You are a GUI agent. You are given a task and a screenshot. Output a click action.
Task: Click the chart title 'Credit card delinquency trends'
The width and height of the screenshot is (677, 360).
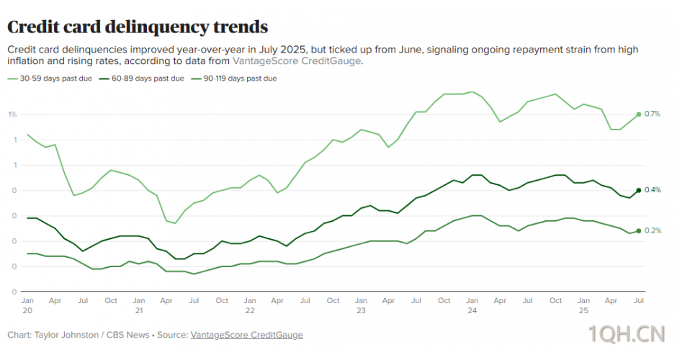click(x=138, y=27)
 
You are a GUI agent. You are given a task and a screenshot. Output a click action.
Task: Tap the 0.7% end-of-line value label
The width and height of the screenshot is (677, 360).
click(x=653, y=114)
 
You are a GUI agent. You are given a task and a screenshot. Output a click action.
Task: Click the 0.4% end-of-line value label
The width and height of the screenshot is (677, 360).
click(x=653, y=190)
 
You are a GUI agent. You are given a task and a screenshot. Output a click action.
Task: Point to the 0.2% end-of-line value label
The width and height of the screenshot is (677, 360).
click(x=653, y=231)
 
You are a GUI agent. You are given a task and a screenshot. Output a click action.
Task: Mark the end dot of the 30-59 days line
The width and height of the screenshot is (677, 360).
click(x=638, y=114)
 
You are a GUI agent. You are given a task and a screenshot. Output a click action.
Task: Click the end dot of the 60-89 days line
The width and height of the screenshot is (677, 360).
click(x=638, y=190)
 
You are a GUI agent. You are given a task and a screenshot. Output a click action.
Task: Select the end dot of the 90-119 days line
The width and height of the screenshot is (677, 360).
click(x=638, y=230)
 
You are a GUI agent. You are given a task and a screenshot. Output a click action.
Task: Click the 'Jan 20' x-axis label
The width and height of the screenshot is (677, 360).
click(x=27, y=305)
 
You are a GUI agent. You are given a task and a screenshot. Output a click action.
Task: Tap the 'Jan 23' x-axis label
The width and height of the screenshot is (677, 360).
click(x=361, y=305)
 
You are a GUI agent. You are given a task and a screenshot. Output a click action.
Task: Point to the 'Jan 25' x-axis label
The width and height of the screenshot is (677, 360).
click(x=583, y=305)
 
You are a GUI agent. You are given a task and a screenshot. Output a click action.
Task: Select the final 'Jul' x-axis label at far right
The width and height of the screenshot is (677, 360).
click(x=638, y=300)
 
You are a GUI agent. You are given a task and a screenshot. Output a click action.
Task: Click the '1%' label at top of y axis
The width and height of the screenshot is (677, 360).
click(x=12, y=114)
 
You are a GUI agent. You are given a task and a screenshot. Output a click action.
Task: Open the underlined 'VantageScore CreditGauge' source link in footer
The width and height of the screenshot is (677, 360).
click(x=246, y=336)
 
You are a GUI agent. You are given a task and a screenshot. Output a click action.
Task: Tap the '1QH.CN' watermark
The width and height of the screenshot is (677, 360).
click(x=625, y=334)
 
